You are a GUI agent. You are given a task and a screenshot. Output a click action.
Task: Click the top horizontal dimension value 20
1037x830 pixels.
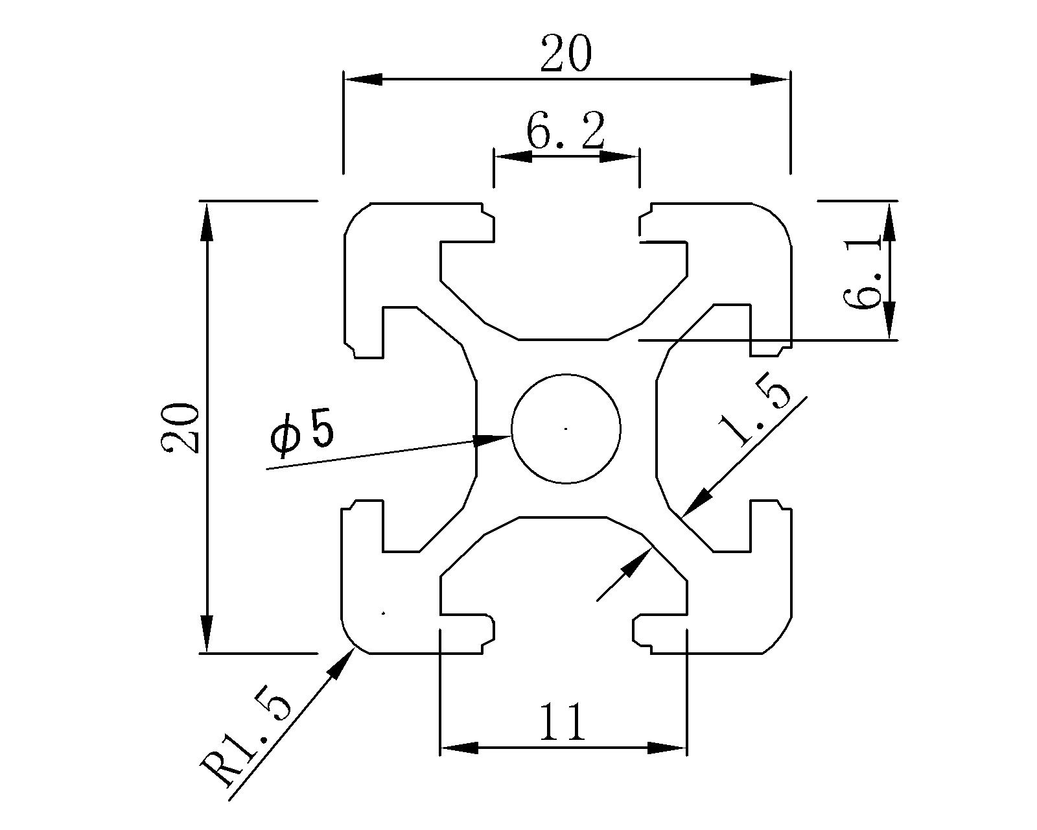pos(566,54)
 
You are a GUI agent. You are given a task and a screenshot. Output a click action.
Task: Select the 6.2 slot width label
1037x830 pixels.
pos(565,132)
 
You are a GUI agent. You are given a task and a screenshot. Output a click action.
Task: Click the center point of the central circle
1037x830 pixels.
pos(566,428)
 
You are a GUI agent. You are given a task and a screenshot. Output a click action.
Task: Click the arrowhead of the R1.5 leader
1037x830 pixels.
pos(340,664)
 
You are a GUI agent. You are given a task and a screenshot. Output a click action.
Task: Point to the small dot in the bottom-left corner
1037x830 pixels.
pos(384,612)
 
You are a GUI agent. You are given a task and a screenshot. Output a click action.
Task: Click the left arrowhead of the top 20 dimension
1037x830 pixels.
pos(363,79)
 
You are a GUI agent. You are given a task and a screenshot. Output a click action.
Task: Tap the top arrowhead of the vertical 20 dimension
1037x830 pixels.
pos(206,220)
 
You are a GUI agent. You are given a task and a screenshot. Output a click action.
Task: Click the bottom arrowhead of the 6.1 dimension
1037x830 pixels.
pos(889,320)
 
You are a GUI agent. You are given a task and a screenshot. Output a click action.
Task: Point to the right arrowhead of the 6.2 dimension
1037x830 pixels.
pos(620,157)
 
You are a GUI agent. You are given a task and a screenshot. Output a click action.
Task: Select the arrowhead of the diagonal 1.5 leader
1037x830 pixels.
pos(697,503)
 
